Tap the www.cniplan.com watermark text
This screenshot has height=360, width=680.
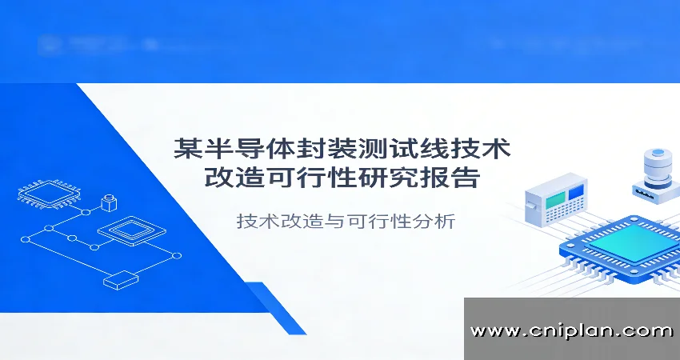(x=571, y=330)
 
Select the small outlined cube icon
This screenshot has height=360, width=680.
(x=109, y=200)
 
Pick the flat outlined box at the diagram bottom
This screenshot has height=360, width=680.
(x=120, y=280)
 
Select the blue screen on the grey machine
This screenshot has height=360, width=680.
(x=576, y=192)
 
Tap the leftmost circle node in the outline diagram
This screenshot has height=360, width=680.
(x=26, y=238)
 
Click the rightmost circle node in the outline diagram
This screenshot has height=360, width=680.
(x=177, y=255)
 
